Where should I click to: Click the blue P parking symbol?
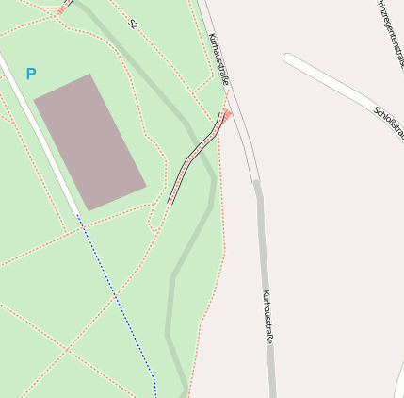click(31, 73)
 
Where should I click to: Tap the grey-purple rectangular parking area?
click(89, 141)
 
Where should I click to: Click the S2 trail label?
click(133, 25)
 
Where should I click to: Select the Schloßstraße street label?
click(388, 124)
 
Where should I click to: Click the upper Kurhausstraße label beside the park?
click(218, 59)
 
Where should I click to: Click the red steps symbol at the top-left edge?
click(62, 9)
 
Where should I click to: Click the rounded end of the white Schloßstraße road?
click(288, 60)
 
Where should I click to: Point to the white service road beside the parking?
click(42, 138)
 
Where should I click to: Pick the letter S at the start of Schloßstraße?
click(377, 110)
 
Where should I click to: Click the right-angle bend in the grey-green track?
click(172, 278)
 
